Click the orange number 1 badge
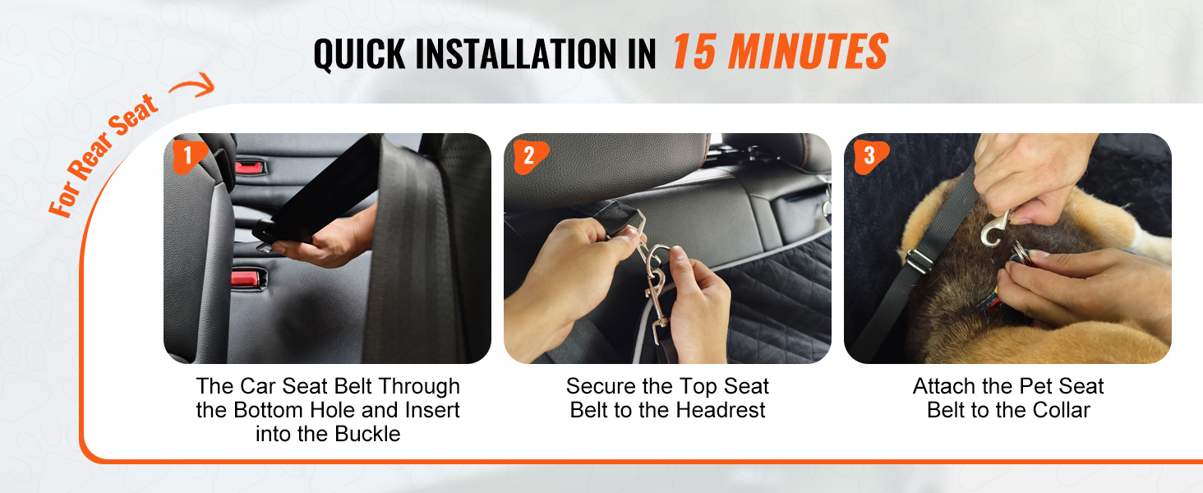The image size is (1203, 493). pos(189,156)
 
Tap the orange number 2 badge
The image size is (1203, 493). pos(529,156)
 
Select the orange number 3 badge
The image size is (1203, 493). pos(870,156)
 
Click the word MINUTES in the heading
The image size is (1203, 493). pos(808,52)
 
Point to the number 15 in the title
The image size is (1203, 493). pos(694,52)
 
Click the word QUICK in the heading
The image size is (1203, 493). pos(359,53)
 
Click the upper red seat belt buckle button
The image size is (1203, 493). pos(249,167)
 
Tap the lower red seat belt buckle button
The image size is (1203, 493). pos(247,279)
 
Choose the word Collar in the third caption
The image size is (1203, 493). pos(1062,410)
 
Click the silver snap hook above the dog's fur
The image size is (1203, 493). pos(994,230)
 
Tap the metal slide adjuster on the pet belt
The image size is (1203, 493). pos(919,260)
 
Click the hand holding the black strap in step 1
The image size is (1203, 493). pos(328,242)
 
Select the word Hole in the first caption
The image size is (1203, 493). pos(340,410)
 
